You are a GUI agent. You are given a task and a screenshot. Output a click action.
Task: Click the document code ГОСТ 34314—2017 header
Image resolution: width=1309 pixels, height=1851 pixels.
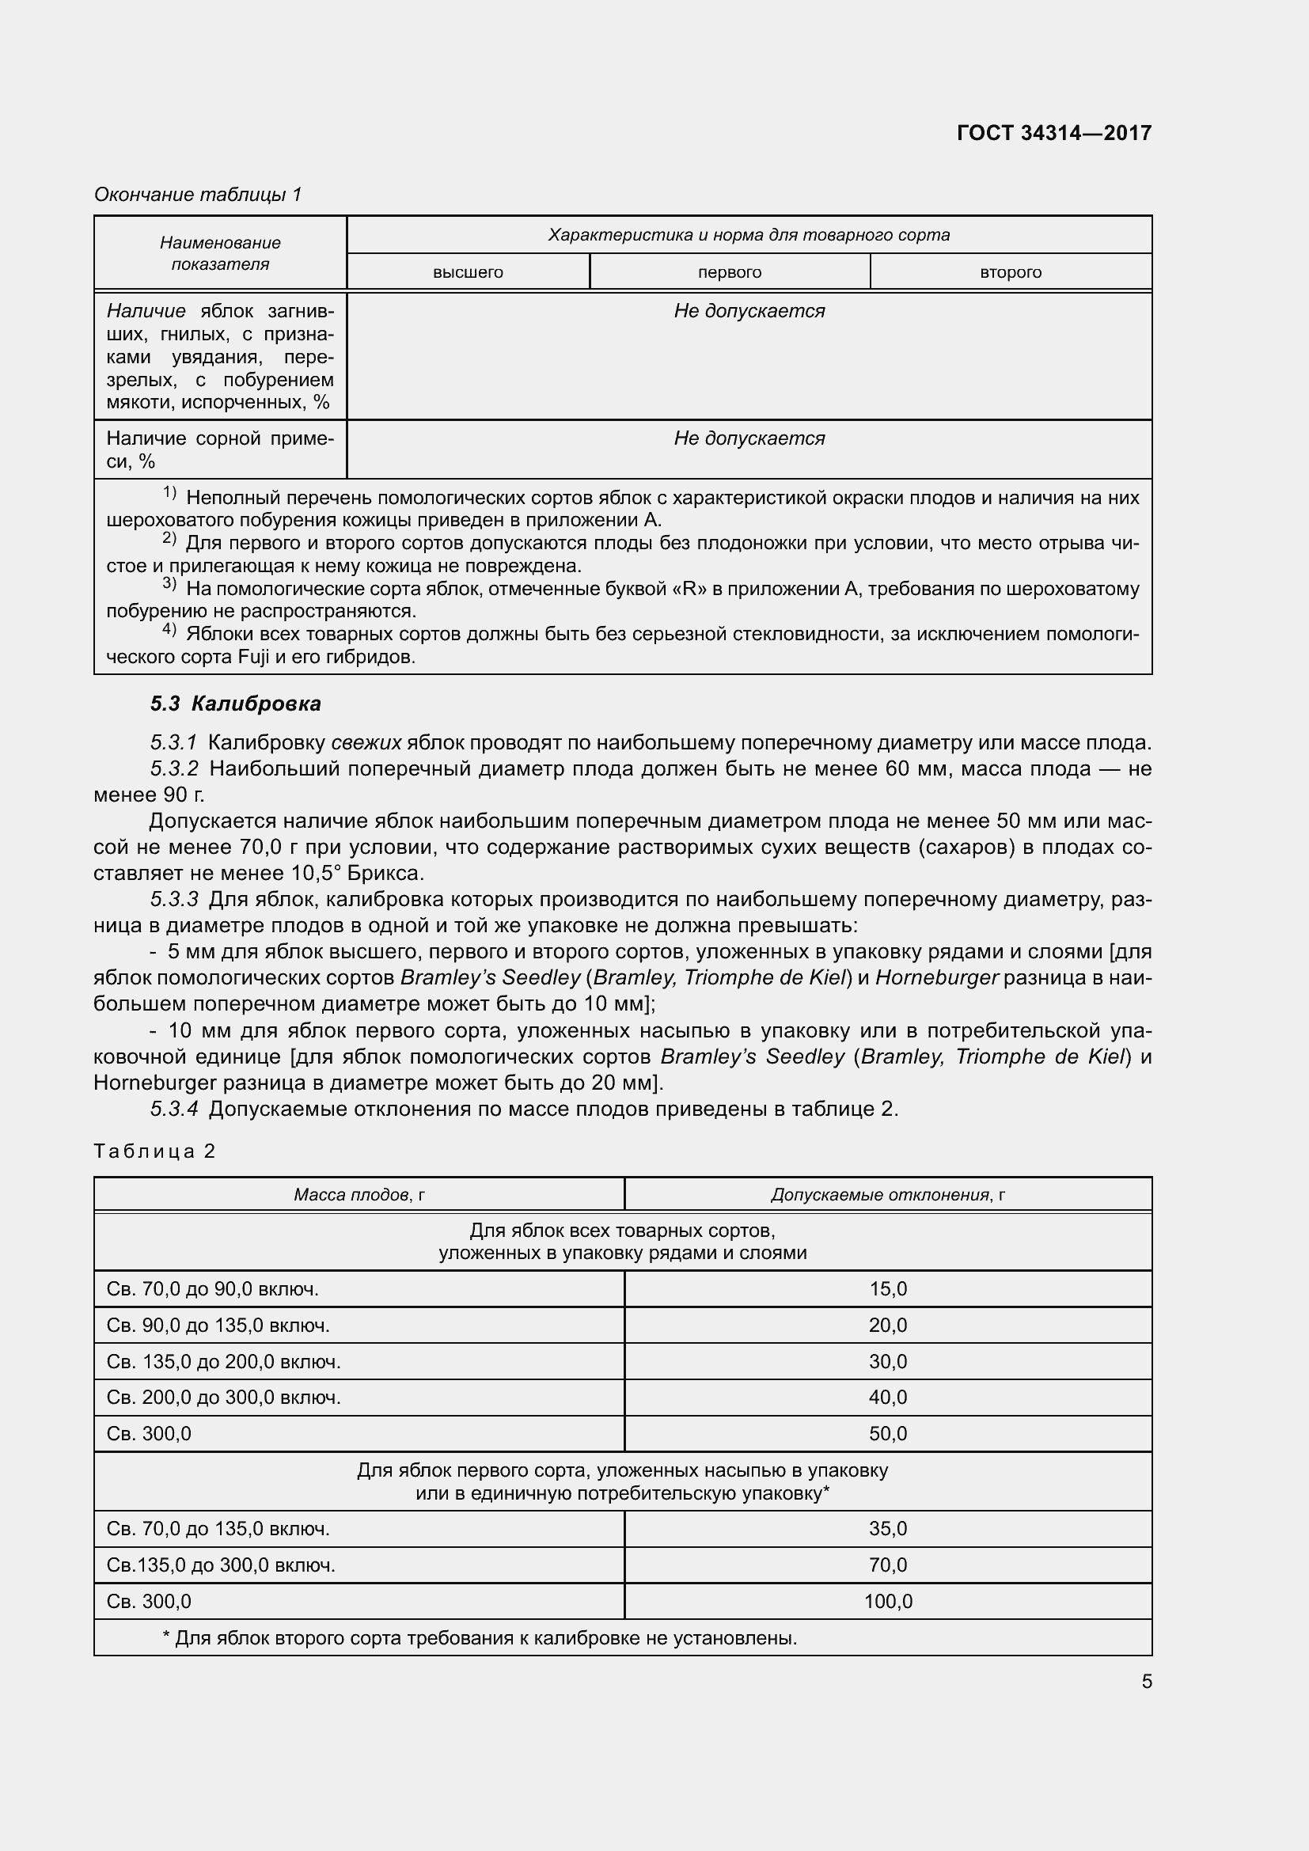1053,133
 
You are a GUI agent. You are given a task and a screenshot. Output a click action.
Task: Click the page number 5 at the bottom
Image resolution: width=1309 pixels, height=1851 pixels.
1146,1681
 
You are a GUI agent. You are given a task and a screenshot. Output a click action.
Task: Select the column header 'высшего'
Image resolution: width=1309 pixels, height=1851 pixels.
468,272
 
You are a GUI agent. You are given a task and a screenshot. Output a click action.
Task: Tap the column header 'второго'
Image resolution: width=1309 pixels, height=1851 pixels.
1010,272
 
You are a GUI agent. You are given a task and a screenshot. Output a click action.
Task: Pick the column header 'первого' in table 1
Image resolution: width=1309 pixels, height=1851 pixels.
730,272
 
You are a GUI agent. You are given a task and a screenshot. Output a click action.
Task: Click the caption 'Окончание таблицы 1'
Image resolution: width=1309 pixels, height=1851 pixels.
198,195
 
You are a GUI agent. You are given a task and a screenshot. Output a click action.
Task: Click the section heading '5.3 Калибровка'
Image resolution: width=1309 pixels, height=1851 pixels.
235,704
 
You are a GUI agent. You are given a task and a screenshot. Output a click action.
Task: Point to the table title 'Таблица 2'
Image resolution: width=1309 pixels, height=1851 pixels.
155,1151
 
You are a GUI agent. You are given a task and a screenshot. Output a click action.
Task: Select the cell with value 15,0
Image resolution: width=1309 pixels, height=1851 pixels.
887,1288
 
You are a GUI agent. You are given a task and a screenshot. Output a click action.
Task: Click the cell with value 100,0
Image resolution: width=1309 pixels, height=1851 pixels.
887,1601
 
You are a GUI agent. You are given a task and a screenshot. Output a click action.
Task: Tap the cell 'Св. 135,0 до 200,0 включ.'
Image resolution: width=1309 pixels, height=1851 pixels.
223,1362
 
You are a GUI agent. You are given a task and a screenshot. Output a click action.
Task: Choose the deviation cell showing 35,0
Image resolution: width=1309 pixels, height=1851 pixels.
887,1529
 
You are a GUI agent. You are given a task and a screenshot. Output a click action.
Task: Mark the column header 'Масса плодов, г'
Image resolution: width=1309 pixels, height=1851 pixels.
359,1195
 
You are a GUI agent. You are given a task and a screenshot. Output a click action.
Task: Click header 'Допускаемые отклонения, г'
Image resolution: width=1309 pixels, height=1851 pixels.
887,1195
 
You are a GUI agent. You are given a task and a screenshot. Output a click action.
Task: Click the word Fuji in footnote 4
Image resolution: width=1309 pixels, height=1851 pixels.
257,657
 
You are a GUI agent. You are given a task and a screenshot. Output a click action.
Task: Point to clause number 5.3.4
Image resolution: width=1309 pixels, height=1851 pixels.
174,1109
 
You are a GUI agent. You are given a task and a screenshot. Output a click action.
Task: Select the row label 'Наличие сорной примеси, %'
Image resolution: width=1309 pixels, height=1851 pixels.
219,449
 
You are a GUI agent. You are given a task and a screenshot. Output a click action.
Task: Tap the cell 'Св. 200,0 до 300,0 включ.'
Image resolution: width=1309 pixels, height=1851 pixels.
223,1397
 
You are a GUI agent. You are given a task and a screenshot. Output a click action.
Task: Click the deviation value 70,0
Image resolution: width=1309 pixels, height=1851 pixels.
887,1565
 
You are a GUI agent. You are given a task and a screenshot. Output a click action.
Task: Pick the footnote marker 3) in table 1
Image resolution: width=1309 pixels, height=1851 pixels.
169,584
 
